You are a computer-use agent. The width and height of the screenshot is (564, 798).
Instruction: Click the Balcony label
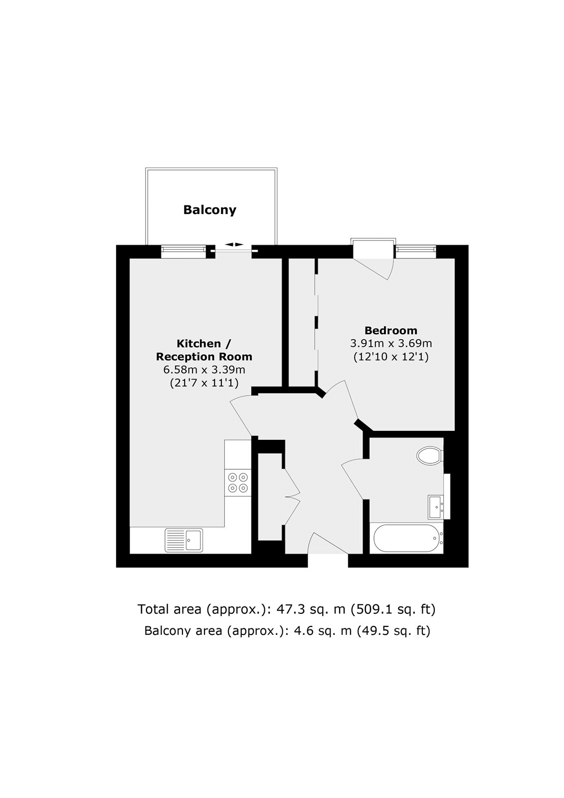click(x=209, y=210)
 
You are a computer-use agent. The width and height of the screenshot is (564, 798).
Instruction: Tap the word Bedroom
click(x=391, y=330)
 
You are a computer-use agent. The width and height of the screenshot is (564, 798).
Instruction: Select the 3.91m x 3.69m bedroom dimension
click(x=391, y=344)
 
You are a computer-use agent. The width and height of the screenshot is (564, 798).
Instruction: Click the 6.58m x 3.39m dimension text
click(x=204, y=370)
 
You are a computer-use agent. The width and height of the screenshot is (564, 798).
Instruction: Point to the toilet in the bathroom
click(x=430, y=456)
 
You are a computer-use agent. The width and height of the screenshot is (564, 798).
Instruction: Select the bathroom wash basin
click(x=436, y=507)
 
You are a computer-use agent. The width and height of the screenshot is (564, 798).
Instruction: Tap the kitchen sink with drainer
click(x=184, y=540)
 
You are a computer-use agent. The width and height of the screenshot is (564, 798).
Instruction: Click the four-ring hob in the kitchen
click(x=238, y=482)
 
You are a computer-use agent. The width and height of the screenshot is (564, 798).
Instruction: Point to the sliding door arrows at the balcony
click(x=234, y=244)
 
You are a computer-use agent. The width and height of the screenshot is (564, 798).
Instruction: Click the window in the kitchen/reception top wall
click(x=184, y=252)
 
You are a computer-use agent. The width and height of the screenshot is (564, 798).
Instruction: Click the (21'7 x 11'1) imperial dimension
click(x=204, y=383)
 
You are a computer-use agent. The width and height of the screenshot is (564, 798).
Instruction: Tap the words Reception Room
click(x=204, y=357)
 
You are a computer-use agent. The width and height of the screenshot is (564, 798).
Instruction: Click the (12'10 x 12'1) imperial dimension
click(x=391, y=357)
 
